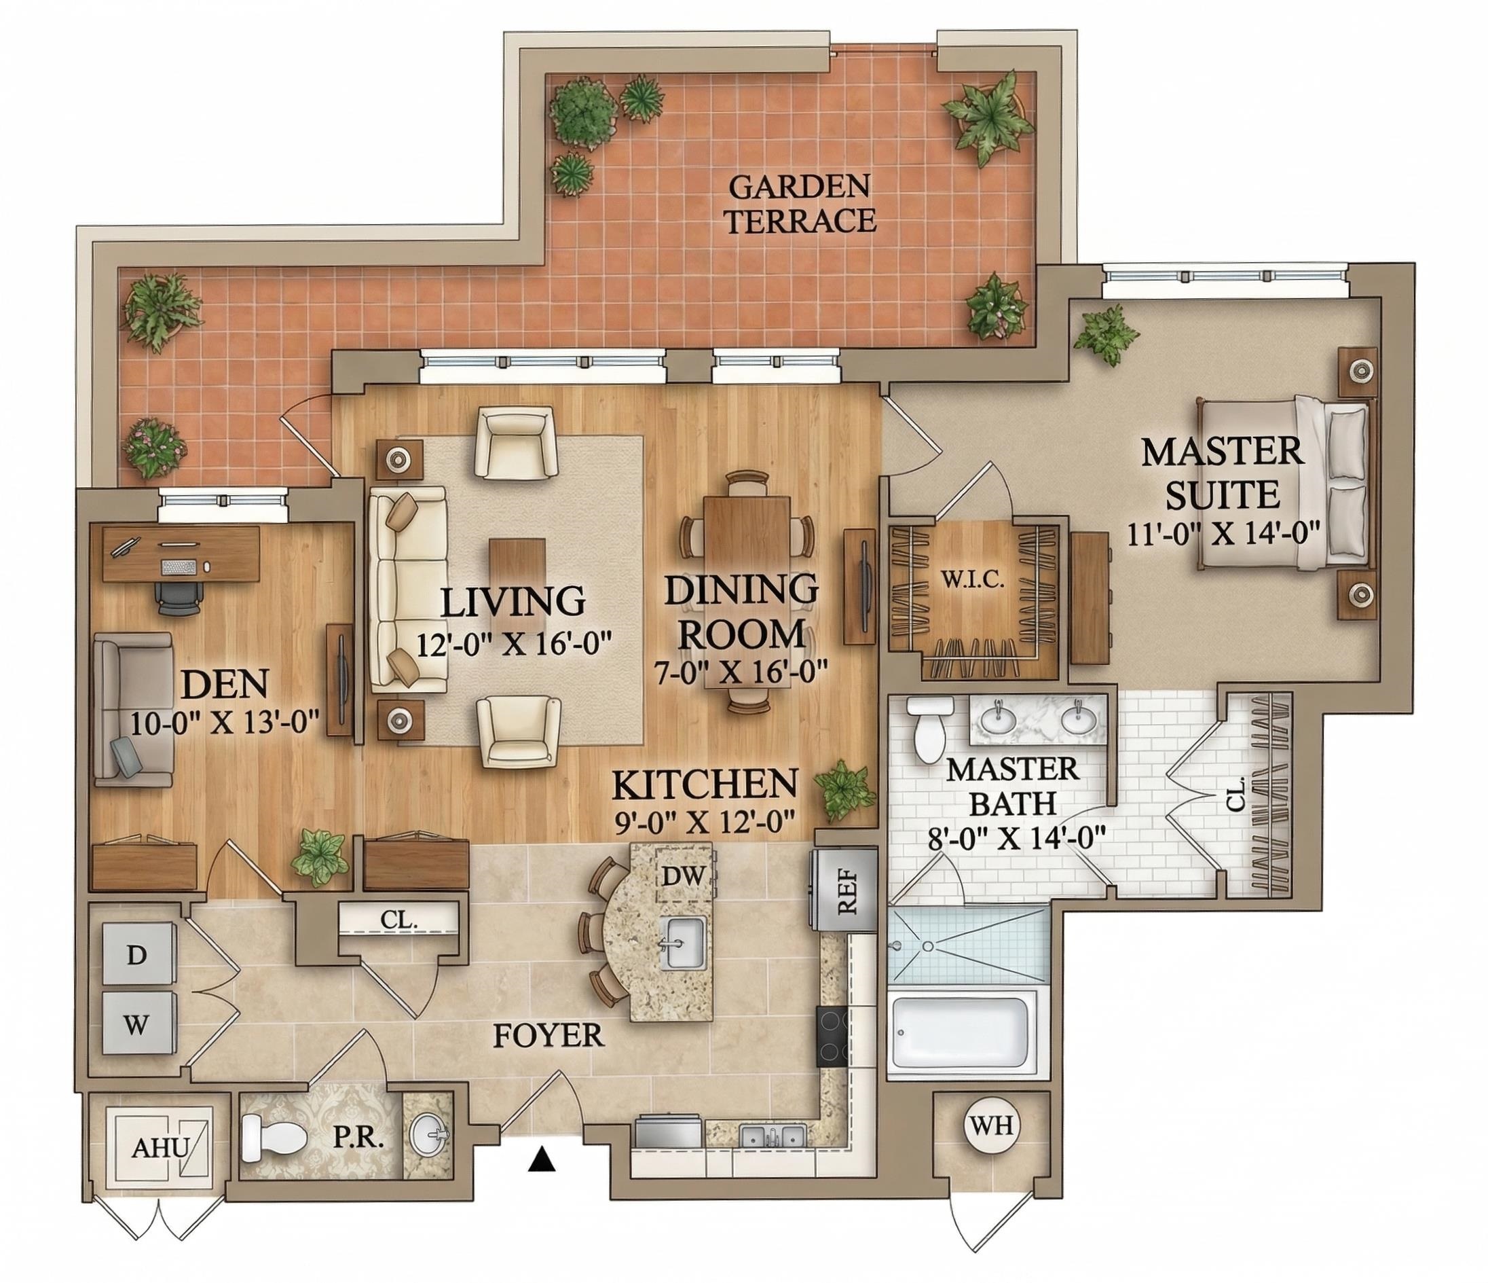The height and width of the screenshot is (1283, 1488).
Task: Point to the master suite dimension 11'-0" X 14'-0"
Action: pyautogui.click(x=1221, y=535)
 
